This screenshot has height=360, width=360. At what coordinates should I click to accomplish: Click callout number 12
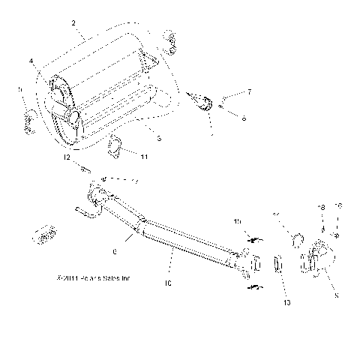click(67, 158)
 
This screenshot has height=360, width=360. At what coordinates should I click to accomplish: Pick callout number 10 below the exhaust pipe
click(168, 283)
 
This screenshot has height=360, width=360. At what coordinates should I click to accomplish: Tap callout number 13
click(286, 302)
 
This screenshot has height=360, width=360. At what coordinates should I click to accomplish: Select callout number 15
click(237, 222)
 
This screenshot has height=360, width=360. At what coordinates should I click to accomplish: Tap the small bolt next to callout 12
click(84, 166)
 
